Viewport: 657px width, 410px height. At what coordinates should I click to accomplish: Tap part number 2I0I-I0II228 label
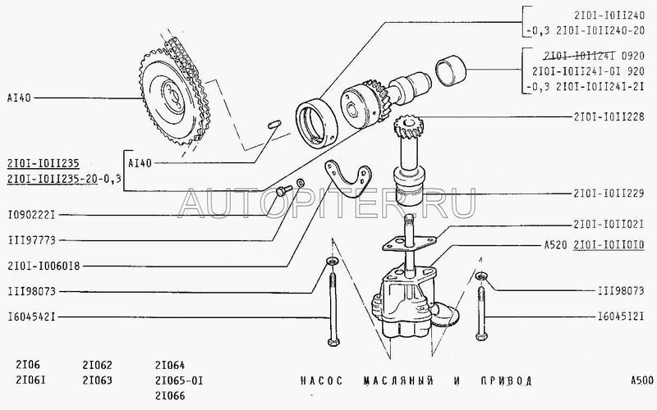(x=609, y=117)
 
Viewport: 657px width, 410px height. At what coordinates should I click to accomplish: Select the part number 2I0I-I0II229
(x=609, y=194)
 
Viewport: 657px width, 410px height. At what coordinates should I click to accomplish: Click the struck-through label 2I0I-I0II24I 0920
(x=594, y=56)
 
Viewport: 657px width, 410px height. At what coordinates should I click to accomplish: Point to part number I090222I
(x=31, y=215)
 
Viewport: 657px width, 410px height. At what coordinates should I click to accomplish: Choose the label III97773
(x=31, y=240)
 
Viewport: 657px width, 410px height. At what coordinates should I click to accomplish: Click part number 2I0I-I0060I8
(x=44, y=266)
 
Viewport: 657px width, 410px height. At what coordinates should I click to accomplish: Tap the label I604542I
(x=31, y=317)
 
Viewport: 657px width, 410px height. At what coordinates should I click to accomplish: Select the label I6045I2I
(x=621, y=317)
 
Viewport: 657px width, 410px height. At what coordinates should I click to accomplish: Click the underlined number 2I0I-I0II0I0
(x=609, y=245)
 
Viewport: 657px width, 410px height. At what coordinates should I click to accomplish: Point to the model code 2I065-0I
(x=179, y=380)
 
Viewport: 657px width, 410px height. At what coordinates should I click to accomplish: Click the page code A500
(x=642, y=380)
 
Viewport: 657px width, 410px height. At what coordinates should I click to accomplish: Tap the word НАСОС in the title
(x=321, y=380)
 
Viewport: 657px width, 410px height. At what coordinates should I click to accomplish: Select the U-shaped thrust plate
(x=347, y=180)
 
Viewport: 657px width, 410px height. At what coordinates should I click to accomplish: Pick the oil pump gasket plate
(x=409, y=244)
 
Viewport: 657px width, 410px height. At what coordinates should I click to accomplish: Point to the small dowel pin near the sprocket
(x=274, y=125)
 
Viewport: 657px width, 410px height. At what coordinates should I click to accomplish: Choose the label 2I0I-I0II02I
(x=609, y=225)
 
